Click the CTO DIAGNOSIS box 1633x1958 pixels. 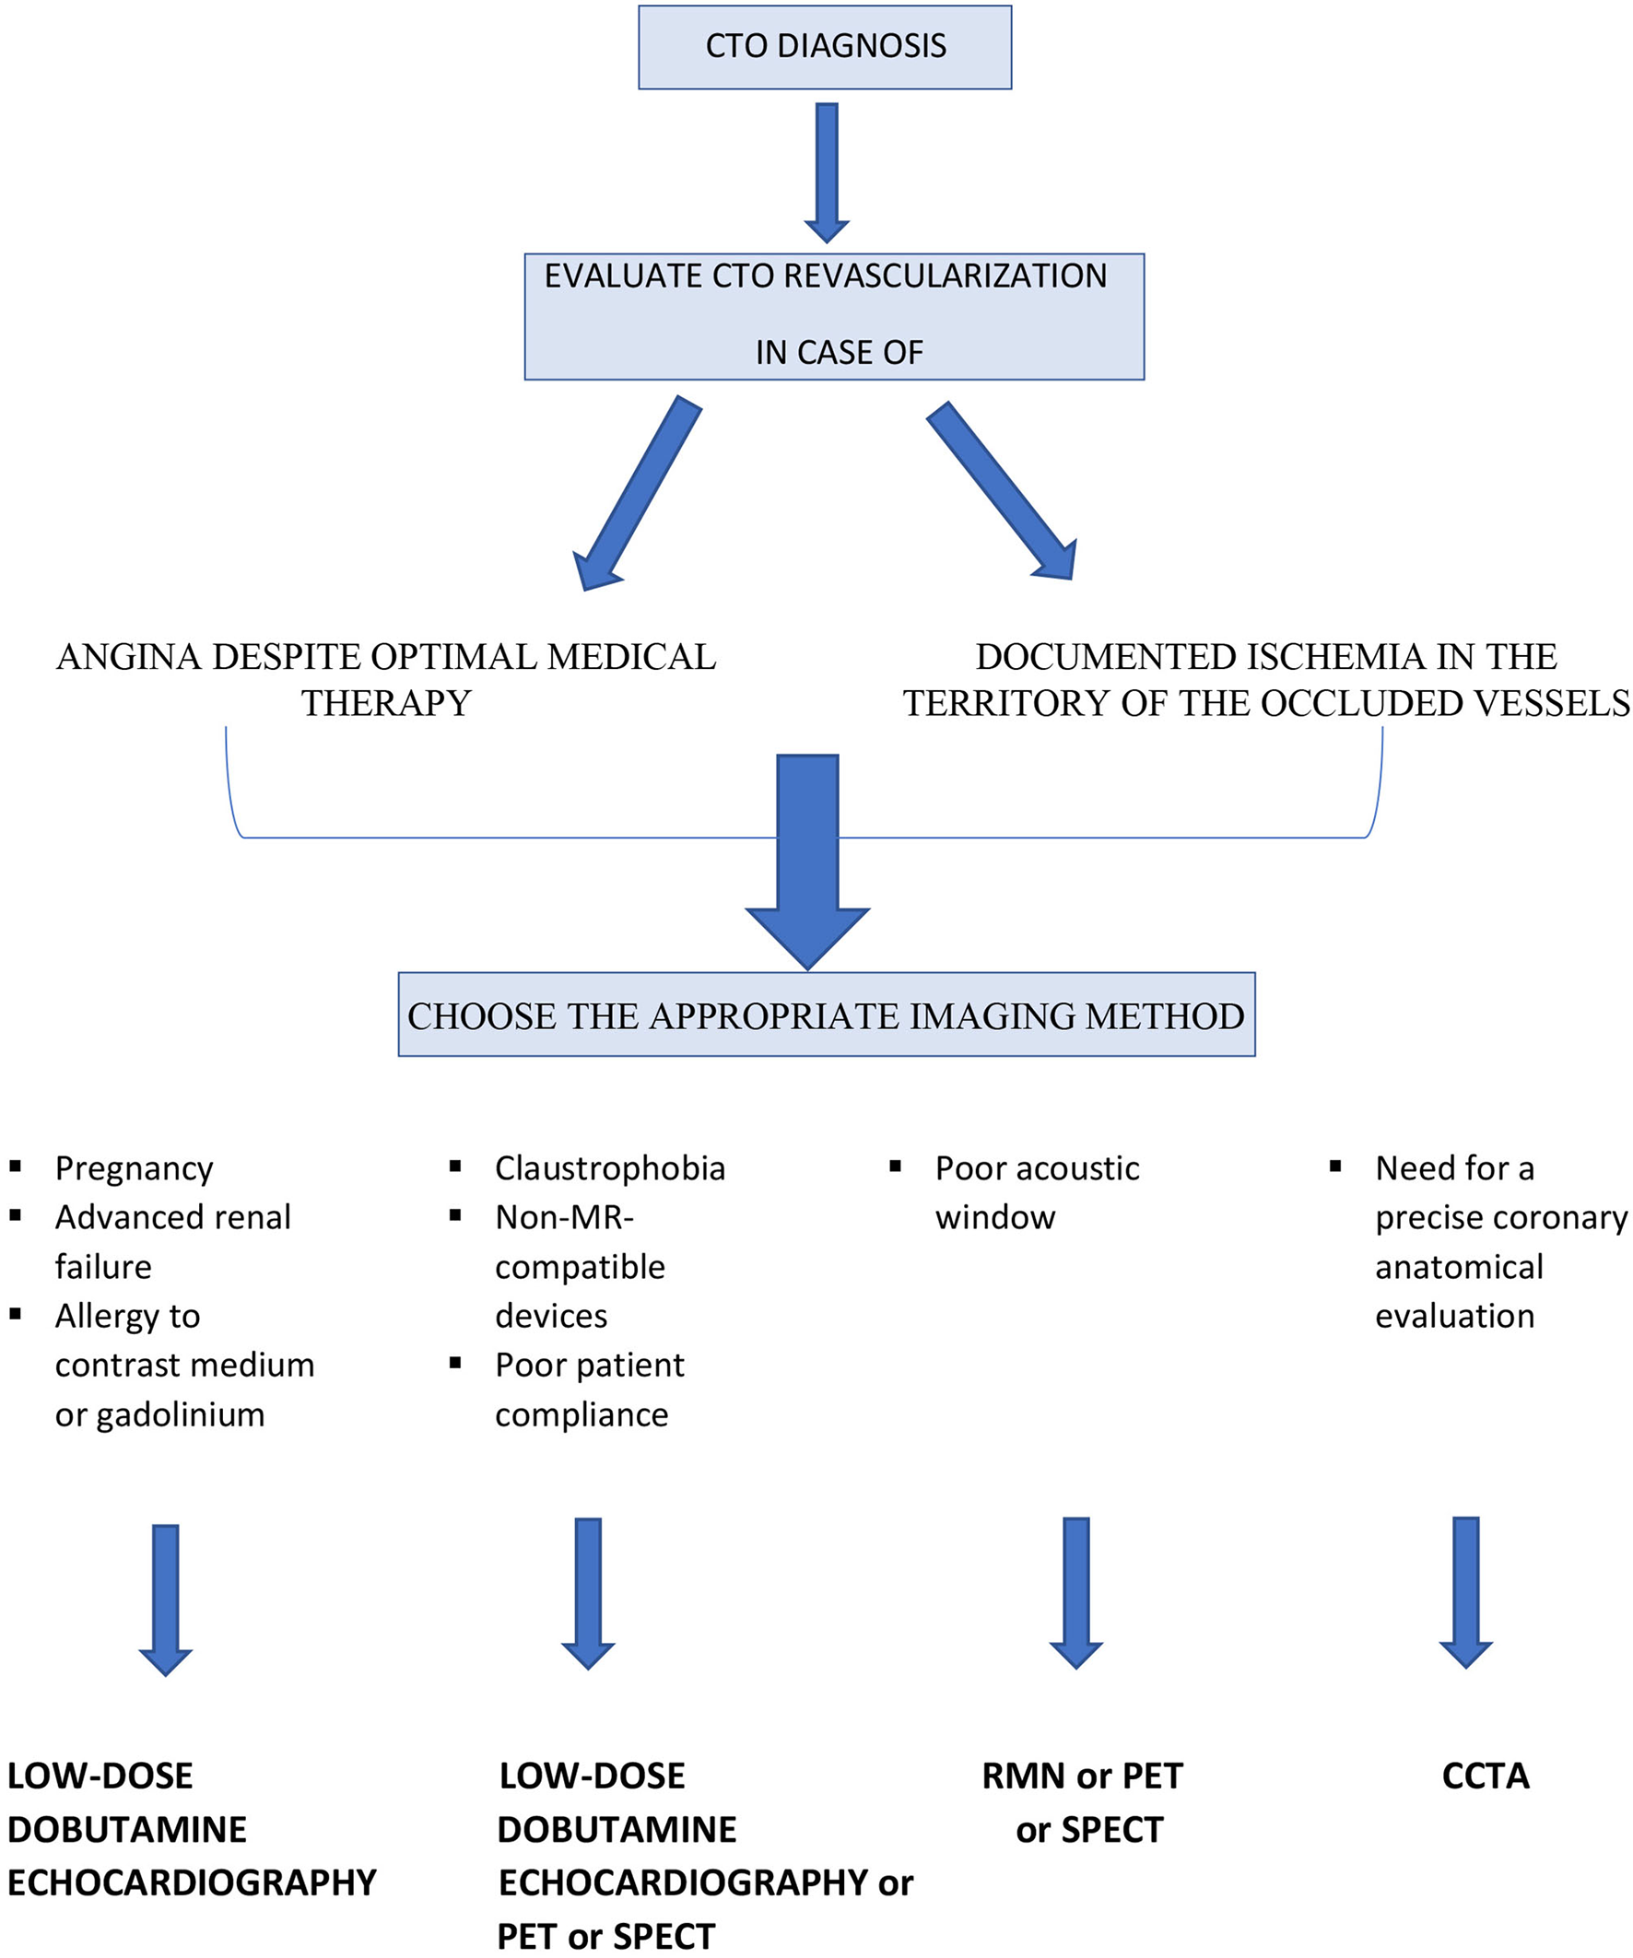click(x=825, y=47)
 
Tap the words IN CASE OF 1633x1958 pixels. click(x=839, y=352)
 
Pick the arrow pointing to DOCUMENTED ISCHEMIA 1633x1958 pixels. click(x=1002, y=490)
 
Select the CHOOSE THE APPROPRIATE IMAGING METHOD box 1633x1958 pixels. click(x=827, y=1015)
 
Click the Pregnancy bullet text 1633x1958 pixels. click(x=135, y=1168)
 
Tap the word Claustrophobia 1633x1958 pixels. click(x=610, y=1168)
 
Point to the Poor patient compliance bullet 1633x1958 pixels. click(x=590, y=1389)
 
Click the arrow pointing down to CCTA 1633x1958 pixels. click(x=1465, y=1593)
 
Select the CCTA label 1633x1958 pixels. click(x=1485, y=1776)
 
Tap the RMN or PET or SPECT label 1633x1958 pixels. click(x=1084, y=1802)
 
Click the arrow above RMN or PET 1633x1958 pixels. click(x=1076, y=1593)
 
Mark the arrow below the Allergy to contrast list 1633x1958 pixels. click(x=165, y=1600)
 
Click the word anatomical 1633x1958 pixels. click(x=1459, y=1267)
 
